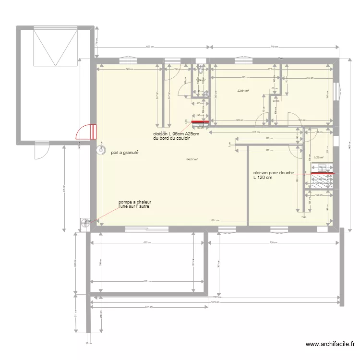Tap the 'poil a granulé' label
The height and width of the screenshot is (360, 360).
tap(124, 153)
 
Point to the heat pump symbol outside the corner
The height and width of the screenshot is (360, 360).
tap(86, 222)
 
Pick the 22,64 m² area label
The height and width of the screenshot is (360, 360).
tap(243, 90)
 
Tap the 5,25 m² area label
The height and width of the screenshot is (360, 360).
tap(318, 157)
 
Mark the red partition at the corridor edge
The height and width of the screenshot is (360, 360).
tap(200, 128)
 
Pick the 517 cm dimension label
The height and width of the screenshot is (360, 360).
tap(256, 132)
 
